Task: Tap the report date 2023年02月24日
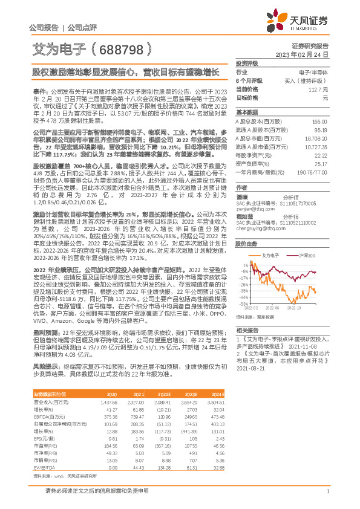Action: (301, 54)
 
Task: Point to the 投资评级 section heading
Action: (247, 63)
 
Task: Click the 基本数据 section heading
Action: (247, 112)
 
